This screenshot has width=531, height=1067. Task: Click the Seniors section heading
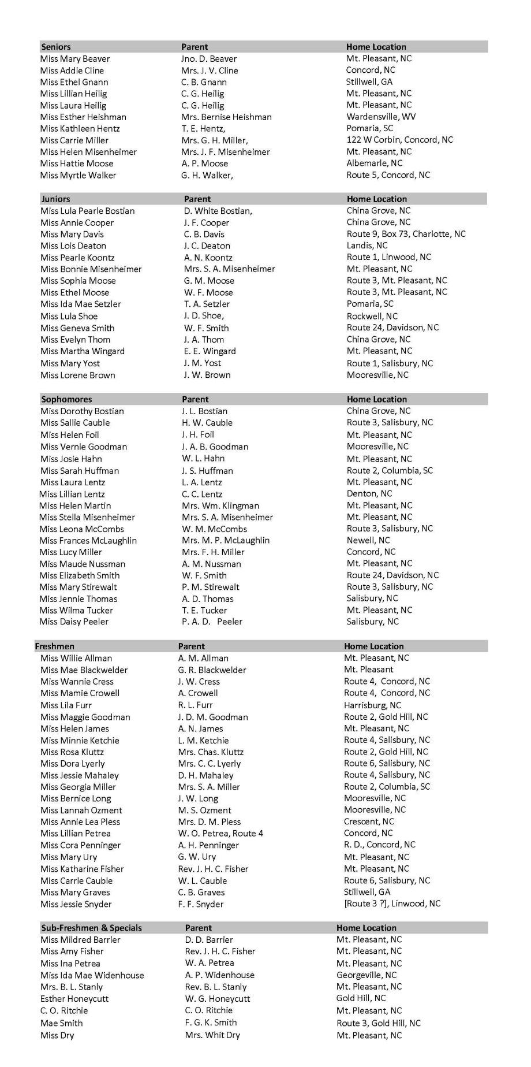[x=56, y=47]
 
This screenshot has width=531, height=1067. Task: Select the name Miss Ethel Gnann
[x=74, y=82]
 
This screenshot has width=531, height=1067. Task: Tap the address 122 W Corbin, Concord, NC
[x=399, y=140]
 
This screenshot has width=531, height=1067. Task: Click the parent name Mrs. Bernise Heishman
[x=226, y=117]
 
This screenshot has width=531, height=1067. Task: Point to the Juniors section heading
[x=55, y=199]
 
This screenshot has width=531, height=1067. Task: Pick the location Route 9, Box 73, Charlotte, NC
[x=406, y=234]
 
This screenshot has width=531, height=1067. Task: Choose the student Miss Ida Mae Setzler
[x=81, y=304]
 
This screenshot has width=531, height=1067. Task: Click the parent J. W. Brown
[x=207, y=375]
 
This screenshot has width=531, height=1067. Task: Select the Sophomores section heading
[x=66, y=399]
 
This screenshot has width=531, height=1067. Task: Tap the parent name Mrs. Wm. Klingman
[x=220, y=505]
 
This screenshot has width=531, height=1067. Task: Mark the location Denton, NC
[x=369, y=493]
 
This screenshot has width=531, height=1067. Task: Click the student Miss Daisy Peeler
[x=74, y=622]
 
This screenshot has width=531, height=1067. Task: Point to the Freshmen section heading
[x=54, y=646]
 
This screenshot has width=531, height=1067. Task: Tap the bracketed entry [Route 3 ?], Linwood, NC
[x=392, y=904]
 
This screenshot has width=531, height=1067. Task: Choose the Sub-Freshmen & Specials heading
[x=91, y=928]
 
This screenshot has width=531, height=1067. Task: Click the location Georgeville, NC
[x=367, y=975]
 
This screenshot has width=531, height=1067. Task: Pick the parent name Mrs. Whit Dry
[x=212, y=1035]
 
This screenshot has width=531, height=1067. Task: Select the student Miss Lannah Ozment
[x=81, y=810]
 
